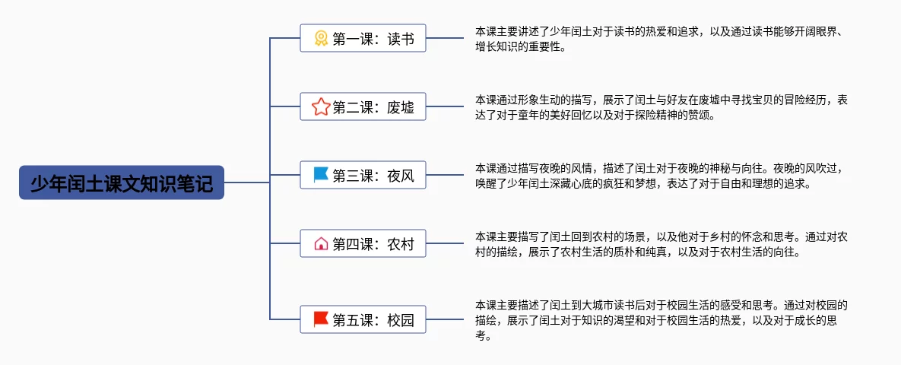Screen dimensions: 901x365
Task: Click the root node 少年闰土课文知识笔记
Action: click(x=121, y=182)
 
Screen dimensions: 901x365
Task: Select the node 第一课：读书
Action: click(x=363, y=38)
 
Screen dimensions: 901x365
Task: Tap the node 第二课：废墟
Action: click(x=363, y=106)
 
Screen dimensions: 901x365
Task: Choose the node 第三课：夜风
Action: click(x=363, y=175)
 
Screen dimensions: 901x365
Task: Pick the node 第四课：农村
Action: click(x=363, y=243)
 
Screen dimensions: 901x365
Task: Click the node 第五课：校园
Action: click(x=363, y=319)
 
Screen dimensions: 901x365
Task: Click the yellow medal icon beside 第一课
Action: click(x=321, y=39)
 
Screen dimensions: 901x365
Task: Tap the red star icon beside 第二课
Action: click(x=321, y=106)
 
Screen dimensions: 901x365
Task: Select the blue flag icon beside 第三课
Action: click(x=321, y=175)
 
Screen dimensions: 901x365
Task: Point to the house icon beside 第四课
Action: click(x=321, y=243)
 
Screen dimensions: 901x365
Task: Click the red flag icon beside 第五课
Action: click(x=321, y=319)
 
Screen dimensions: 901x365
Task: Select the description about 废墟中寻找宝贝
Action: click(x=661, y=107)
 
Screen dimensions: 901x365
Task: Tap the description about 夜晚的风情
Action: click(x=660, y=176)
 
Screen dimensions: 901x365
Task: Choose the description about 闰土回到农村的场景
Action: click(x=661, y=244)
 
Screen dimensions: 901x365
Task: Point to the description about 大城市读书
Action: click(x=661, y=319)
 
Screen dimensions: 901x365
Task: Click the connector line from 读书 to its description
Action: click(x=445, y=38)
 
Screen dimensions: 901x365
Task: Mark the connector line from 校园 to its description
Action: click(x=445, y=319)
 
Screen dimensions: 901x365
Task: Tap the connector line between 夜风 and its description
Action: click(x=445, y=175)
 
